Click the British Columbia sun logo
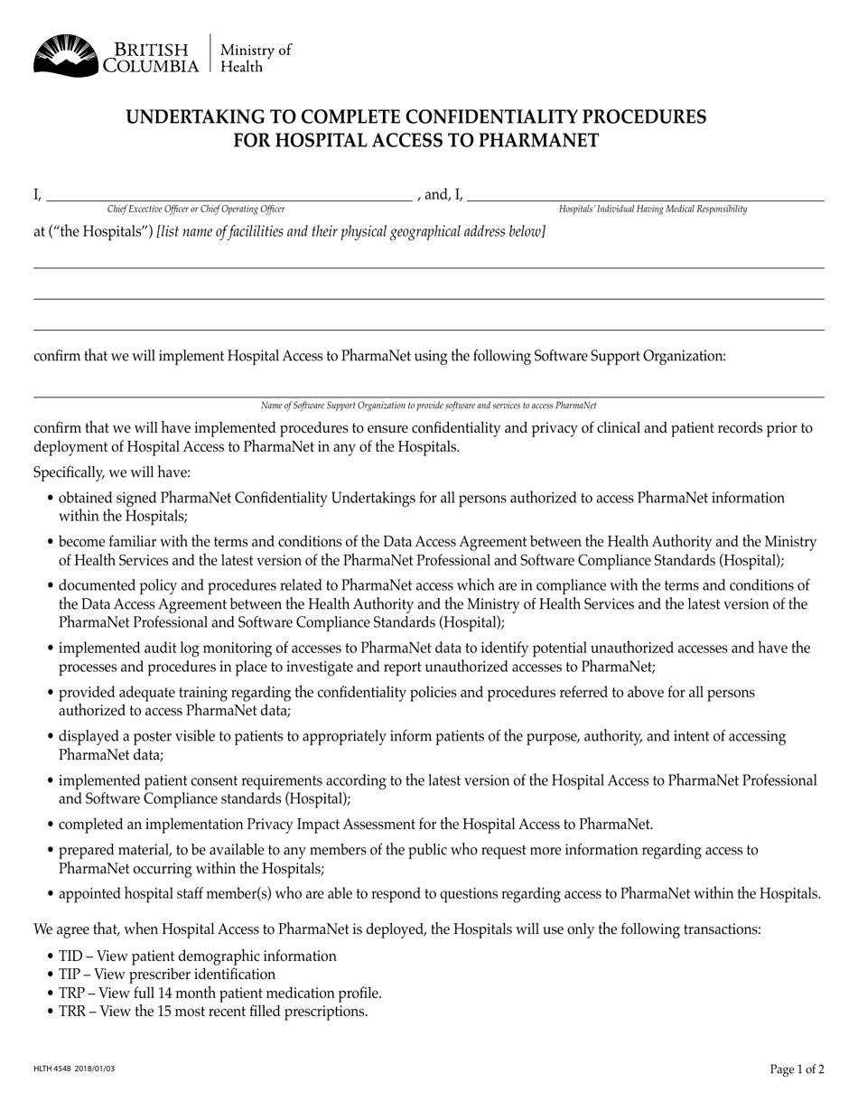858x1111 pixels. click(x=65, y=55)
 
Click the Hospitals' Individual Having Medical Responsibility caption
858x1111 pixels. click(x=653, y=210)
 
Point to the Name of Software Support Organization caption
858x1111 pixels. click(x=428, y=406)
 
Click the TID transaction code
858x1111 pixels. click(x=71, y=957)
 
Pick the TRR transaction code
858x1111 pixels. click(x=72, y=1012)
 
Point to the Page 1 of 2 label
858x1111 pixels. click(x=797, y=1069)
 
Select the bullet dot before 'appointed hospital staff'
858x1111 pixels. click(x=50, y=895)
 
